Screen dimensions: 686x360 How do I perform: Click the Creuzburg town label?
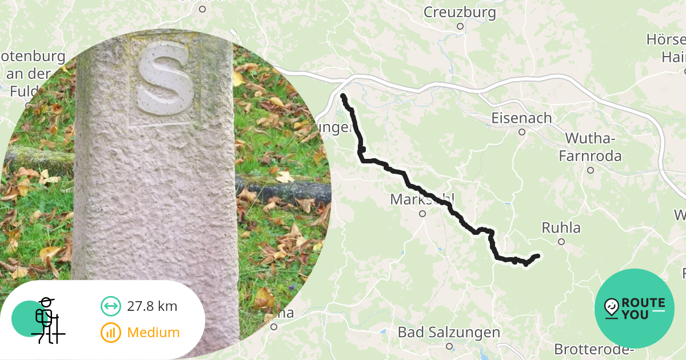click(460, 12)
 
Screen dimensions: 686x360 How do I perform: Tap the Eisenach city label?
click(522, 118)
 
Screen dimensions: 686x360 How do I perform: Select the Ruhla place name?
click(561, 228)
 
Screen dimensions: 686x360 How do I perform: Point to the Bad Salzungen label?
click(449, 332)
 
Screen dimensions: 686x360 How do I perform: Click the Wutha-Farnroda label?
click(590, 147)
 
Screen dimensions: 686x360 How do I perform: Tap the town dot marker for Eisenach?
click(522, 132)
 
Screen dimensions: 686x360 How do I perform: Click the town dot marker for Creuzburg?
click(460, 26)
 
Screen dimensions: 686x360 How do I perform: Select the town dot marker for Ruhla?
click(561, 242)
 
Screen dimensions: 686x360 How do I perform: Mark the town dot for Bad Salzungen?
click(449, 346)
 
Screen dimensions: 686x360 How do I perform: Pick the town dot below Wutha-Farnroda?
click(591, 170)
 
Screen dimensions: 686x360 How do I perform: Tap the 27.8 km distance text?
click(152, 306)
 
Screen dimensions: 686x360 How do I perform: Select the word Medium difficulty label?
click(153, 333)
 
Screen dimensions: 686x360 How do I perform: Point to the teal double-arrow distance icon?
click(110, 306)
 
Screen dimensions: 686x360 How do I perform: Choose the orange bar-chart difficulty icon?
click(110, 333)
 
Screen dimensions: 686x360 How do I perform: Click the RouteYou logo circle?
click(635, 309)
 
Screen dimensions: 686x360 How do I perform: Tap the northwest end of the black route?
click(343, 95)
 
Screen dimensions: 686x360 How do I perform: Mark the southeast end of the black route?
click(537, 256)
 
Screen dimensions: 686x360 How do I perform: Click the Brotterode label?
click(595, 349)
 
